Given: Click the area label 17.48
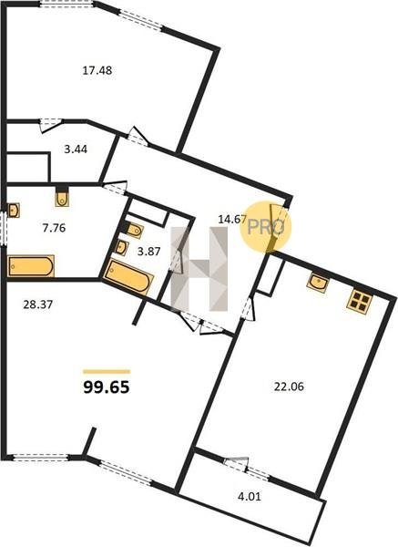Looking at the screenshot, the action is pyautogui.click(x=97, y=70).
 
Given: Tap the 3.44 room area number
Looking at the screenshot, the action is pyautogui.click(x=76, y=150).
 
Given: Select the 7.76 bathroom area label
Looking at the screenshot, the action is pyautogui.click(x=54, y=228).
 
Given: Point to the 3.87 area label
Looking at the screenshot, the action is pyautogui.click(x=148, y=252).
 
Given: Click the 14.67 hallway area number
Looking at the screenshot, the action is pyautogui.click(x=232, y=220).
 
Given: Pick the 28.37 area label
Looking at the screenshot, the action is pyautogui.click(x=37, y=304).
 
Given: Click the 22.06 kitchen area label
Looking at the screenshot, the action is pyautogui.click(x=289, y=387).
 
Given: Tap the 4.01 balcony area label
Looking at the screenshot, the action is pyautogui.click(x=249, y=496).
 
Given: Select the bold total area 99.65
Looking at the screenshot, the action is pyautogui.click(x=107, y=387).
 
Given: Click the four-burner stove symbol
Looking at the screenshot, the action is pyautogui.click(x=360, y=300).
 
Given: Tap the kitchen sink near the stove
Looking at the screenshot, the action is pyautogui.click(x=318, y=282).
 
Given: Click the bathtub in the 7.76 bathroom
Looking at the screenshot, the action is pyautogui.click(x=31, y=266).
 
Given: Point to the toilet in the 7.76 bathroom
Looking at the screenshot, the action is pyautogui.click(x=62, y=198).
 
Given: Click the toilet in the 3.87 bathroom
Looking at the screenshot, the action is pyautogui.click(x=134, y=231).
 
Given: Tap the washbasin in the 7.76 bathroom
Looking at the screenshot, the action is pyautogui.click(x=14, y=210).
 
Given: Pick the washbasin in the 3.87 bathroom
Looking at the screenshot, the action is pyautogui.click(x=122, y=247).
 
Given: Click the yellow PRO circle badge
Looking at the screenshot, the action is pyautogui.click(x=266, y=227).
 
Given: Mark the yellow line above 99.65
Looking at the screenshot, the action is pyautogui.click(x=107, y=372).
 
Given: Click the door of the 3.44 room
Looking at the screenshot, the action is pyautogui.click(x=51, y=125).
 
